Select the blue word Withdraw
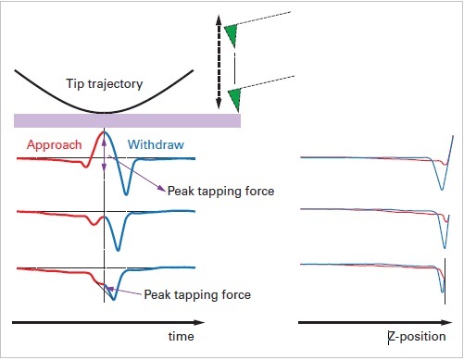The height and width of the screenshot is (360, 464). coord(154,144)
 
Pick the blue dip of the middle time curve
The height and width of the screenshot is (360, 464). coord(118,248)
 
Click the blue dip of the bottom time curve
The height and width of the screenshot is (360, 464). coord(112,300)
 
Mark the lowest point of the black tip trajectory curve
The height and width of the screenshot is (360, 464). coord(105,112)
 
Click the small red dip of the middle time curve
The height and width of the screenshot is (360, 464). coord(92,223)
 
